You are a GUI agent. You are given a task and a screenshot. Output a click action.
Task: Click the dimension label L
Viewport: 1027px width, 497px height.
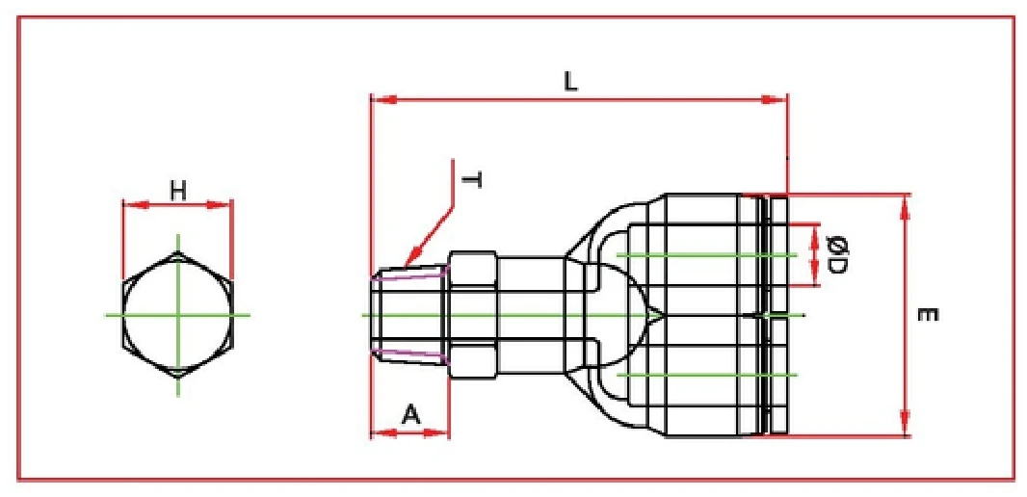coord(570,82)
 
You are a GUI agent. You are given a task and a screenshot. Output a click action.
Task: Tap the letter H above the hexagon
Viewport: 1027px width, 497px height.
coord(178,191)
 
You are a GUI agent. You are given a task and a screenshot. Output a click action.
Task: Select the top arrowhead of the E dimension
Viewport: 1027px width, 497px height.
coord(905,203)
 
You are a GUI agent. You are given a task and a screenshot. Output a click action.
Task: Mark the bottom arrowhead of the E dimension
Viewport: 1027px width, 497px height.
coord(905,426)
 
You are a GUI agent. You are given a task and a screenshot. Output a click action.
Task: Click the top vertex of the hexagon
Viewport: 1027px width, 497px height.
coord(177,252)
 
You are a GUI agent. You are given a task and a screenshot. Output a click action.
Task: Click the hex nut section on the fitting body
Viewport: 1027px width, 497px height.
coord(472,315)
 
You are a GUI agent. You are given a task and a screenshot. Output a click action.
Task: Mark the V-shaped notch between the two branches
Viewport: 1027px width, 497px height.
coord(655,315)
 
